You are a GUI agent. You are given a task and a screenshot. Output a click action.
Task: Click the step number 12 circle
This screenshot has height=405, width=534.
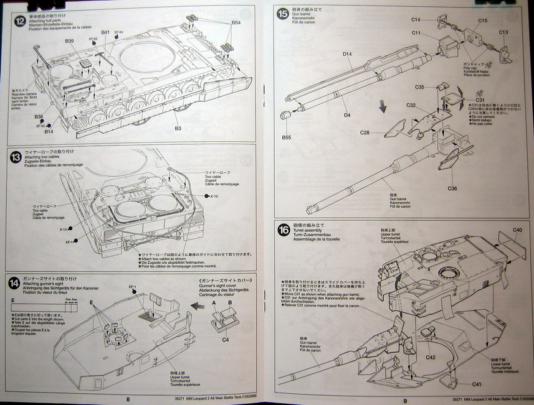(20, 20)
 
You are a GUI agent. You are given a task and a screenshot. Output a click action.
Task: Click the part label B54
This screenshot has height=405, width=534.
(236, 22)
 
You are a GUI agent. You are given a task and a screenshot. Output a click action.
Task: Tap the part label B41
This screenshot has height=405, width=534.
(105, 32)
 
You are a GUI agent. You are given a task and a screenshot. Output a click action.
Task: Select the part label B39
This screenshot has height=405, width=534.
(69, 41)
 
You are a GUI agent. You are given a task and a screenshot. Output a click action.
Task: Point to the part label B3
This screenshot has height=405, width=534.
(178, 128)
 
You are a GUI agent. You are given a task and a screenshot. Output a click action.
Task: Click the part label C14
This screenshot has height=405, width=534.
(416, 20)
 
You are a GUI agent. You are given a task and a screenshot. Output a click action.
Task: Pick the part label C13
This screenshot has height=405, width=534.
(503, 32)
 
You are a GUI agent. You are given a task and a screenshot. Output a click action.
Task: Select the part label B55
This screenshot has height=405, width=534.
(286, 136)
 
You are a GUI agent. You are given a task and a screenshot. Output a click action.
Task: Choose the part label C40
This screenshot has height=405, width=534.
(517, 230)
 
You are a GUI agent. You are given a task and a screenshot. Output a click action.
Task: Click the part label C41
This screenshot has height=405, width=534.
(477, 384)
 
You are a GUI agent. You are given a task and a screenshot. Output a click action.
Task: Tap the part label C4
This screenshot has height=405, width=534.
(226, 339)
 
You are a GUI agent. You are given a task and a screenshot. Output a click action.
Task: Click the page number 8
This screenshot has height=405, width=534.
(128, 399)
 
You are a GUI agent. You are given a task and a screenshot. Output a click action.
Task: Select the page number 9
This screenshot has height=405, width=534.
(405, 400)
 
